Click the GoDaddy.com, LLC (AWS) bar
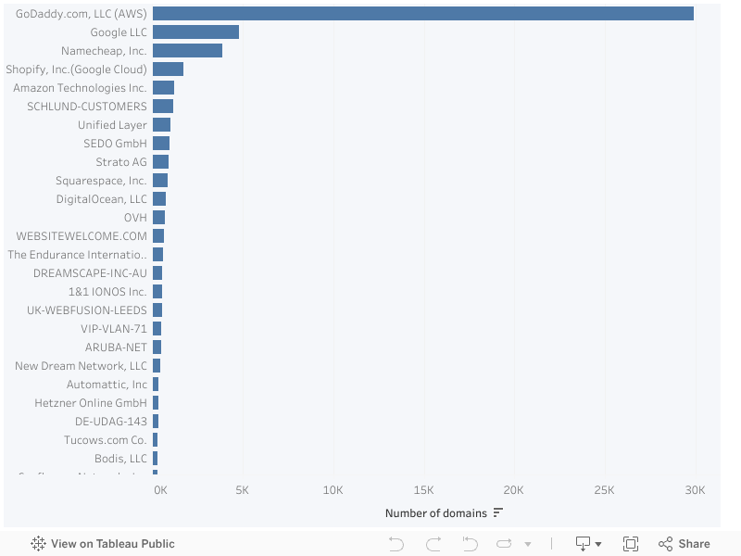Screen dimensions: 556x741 pos(423,13)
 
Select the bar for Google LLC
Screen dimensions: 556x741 pos(195,32)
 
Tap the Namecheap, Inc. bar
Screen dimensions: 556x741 pos(187,50)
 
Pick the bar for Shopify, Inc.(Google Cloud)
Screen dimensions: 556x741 pos(168,69)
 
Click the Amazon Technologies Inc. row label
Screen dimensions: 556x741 pos(80,87)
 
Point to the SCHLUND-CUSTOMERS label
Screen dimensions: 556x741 pos(87,106)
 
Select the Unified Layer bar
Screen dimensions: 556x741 pos(161,124)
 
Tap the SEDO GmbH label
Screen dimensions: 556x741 pos(115,143)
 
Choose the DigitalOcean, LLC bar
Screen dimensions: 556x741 pos(159,198)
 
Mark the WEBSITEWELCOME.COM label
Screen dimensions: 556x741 pos(82,235)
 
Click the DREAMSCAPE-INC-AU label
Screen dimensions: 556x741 pos(90,272)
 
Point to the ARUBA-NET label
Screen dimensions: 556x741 pos(116,347)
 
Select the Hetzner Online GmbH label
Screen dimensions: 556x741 pos(91,402)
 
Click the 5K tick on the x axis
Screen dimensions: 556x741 pos(243,489)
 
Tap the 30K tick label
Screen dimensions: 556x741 pos(695,489)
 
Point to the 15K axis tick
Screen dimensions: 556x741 pos(423,489)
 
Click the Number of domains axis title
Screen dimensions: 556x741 pos(434,513)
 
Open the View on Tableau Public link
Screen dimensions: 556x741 pos(103,544)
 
